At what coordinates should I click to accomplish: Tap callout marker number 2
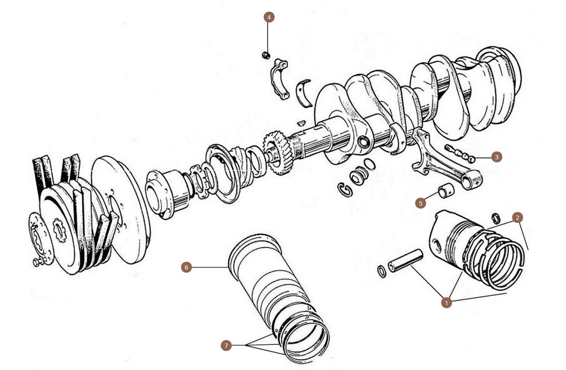(517, 217)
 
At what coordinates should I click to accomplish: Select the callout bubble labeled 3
(497, 157)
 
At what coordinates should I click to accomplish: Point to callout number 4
(269, 17)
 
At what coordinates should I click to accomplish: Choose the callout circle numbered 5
(420, 203)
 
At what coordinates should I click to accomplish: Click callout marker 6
(186, 267)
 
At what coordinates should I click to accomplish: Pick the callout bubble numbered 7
(226, 346)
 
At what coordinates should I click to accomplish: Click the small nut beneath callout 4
(266, 55)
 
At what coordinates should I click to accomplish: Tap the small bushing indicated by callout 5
(446, 191)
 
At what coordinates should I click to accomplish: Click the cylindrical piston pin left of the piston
(405, 260)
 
